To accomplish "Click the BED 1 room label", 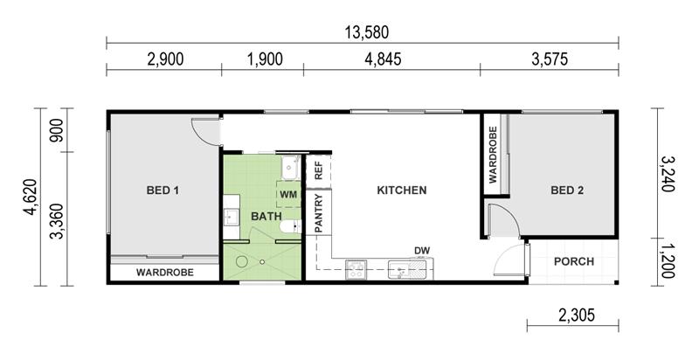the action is [x=163, y=190].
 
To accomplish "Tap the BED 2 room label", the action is [x=567, y=190].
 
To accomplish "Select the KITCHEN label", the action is [x=402, y=190].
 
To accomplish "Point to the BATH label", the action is [x=266, y=217].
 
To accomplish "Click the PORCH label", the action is [x=574, y=261].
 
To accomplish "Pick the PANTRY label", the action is [x=319, y=213].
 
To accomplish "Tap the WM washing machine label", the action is [x=288, y=195].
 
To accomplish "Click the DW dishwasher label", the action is [x=422, y=251].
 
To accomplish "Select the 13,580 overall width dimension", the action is [x=367, y=32].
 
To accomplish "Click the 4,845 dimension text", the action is [x=383, y=59].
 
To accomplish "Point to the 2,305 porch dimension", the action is [x=577, y=315].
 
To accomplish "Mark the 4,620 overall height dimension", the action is [x=31, y=197].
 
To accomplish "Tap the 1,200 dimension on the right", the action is [x=668, y=260].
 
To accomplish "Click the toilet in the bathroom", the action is [x=291, y=226].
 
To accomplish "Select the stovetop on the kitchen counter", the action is [x=356, y=270].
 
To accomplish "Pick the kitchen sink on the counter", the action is [x=399, y=270].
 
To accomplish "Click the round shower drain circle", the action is [x=242, y=261].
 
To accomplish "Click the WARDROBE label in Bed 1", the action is [x=165, y=273].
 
